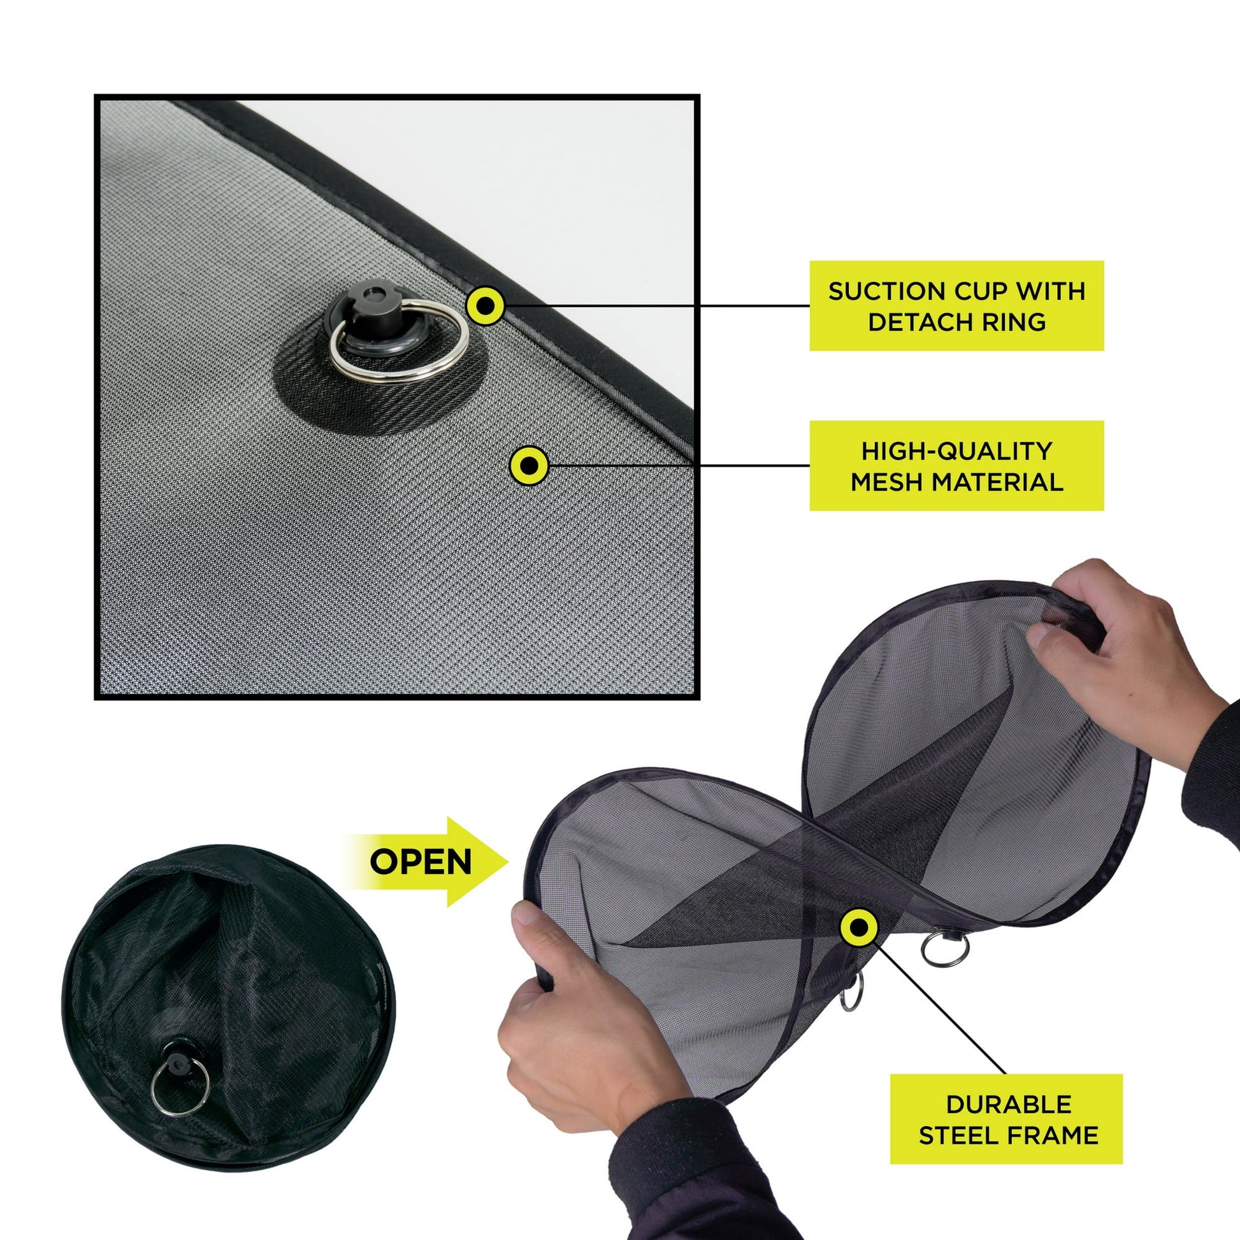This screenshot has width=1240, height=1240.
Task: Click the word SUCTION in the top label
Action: tap(874, 291)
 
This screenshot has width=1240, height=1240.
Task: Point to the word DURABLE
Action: tap(1008, 1104)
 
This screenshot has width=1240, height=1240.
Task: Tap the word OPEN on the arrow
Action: tap(421, 862)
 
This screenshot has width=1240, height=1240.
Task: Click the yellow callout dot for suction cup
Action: tap(486, 305)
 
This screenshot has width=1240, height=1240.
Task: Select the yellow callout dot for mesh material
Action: tap(528, 465)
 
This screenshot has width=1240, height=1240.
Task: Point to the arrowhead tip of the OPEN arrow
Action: tap(508, 862)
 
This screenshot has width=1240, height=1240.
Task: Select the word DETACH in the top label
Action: tap(924, 322)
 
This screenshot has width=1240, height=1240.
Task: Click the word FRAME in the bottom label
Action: tap(1046, 1135)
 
